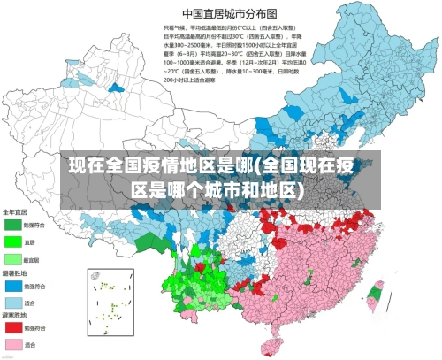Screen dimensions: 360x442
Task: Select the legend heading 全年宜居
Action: [x=16, y=212]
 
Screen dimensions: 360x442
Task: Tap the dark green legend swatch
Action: [x=14, y=225]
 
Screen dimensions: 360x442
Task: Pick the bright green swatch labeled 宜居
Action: [x=14, y=241]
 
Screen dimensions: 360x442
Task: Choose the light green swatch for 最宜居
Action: [x=14, y=258]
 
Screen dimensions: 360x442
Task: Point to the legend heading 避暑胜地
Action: [x=16, y=273]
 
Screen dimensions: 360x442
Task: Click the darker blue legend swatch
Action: [x=14, y=286]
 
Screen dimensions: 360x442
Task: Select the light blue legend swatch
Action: [x=14, y=302]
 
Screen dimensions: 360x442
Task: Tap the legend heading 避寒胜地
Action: [x=16, y=315]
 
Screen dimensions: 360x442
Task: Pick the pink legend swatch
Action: [x=14, y=343]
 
